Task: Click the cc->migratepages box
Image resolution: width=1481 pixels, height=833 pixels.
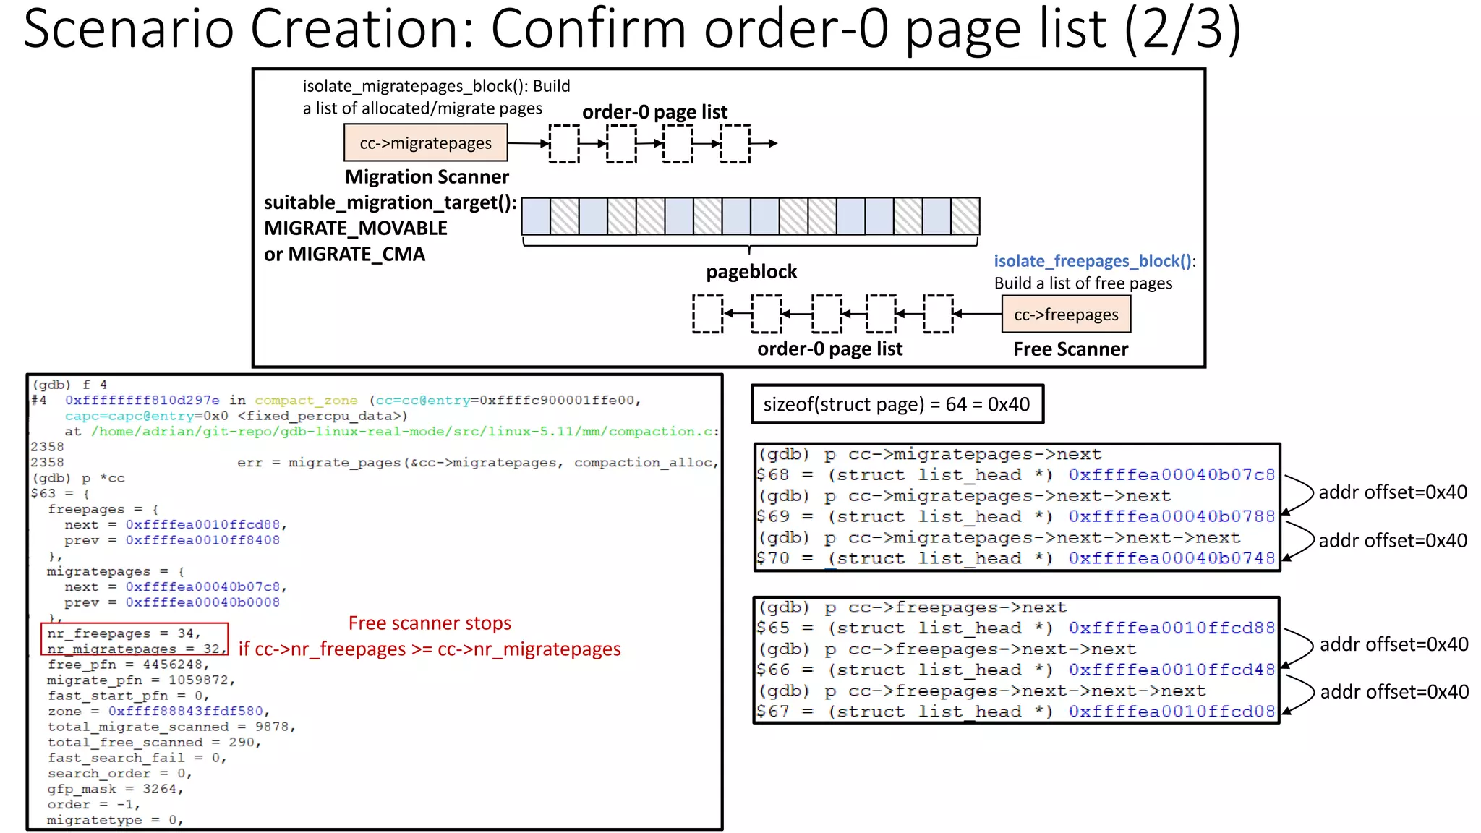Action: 425,143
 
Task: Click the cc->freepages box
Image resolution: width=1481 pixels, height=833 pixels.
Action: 1065,315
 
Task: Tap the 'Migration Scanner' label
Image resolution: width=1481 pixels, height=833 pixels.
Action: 427,177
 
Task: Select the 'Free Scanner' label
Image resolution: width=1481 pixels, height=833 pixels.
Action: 1070,349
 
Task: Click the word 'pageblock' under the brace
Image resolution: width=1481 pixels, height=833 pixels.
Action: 751,272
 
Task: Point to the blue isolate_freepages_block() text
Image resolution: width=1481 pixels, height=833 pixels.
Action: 1092,261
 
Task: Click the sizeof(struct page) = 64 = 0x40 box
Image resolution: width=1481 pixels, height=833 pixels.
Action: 897,404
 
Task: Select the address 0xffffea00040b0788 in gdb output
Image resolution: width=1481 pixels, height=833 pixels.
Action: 1171,516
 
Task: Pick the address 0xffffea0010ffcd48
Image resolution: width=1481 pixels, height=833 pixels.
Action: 1171,670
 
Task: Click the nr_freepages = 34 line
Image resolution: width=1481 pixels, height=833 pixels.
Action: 123,633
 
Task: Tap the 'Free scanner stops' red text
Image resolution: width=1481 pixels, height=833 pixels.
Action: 430,623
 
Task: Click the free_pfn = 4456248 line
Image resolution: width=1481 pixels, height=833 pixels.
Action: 127,665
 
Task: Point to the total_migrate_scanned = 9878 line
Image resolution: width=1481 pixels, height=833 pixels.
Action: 171,727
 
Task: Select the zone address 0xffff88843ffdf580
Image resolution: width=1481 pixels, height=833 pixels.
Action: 188,712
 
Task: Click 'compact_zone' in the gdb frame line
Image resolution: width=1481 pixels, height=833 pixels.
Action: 306,401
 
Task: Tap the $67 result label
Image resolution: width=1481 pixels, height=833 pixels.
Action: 772,712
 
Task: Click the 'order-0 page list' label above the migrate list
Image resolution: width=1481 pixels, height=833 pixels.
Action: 654,112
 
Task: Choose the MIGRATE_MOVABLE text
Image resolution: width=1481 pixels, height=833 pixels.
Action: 356,228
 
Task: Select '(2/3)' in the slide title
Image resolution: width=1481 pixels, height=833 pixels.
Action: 1182,29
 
